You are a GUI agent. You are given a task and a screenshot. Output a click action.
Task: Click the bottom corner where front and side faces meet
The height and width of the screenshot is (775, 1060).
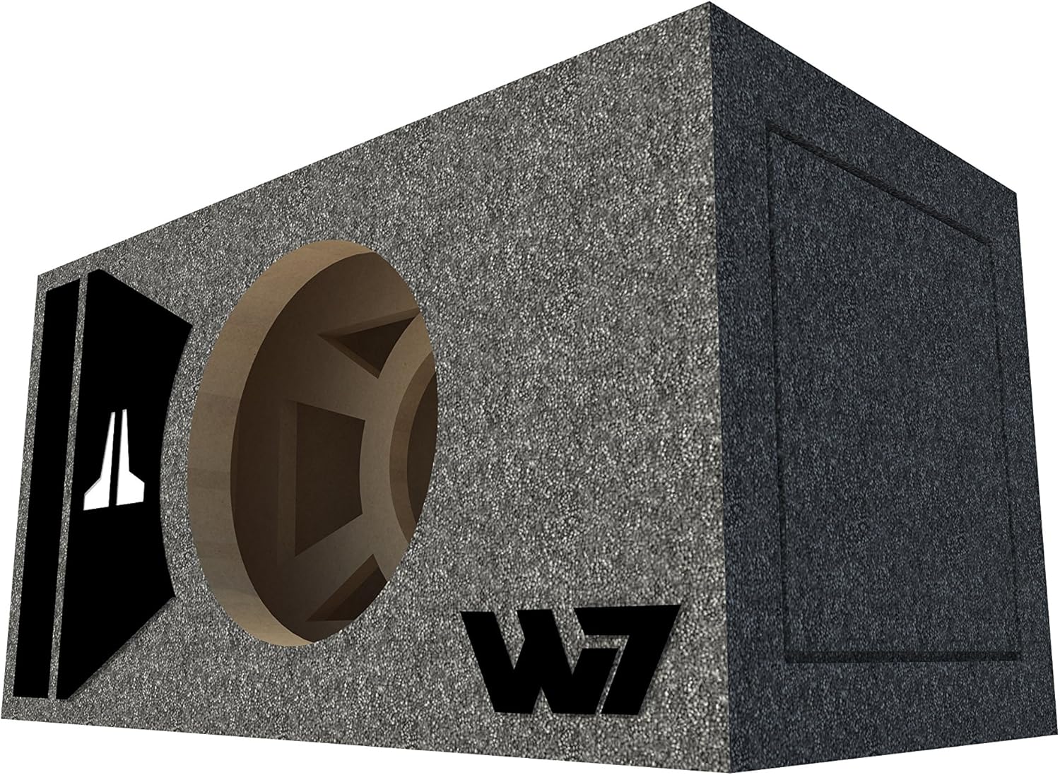coord(732,771)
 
